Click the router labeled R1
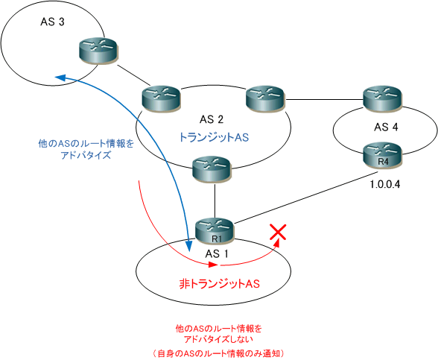point(214,231)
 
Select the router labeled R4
point(382,155)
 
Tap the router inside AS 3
point(98,51)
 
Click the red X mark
point(278,232)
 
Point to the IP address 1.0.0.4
point(385,185)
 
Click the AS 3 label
point(52,22)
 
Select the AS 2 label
point(212,119)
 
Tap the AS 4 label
point(386,127)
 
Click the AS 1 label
point(217,253)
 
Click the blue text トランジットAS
point(214,137)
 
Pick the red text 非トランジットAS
point(219,284)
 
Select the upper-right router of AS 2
point(265,99)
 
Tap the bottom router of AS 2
point(212,170)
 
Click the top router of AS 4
point(382,99)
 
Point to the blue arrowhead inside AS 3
point(60,78)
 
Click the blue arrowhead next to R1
point(189,246)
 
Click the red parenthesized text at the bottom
point(219,353)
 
